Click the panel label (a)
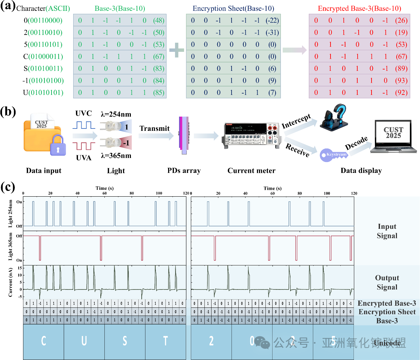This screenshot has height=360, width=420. coord(8,6)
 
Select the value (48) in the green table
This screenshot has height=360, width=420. coord(159,20)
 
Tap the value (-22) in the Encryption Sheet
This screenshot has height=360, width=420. coord(272,20)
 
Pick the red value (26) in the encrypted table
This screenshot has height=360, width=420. coord(401,20)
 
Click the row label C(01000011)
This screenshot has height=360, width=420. coord(43,57)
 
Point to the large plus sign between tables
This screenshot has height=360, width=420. coord(176,50)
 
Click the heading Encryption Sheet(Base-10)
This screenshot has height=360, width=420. coord(233,8)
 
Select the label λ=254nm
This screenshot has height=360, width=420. coord(116,114)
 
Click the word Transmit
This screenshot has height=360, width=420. coord(155,128)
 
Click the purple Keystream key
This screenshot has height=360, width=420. coord(334,155)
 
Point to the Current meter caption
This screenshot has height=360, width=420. coord(252,171)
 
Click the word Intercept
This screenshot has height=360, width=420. coord(296,121)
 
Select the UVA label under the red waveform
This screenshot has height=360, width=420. coord(84,158)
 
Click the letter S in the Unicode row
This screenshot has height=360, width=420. coord(125,341)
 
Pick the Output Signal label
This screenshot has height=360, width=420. coord(387,282)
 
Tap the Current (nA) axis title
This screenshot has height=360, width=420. coord(11,282)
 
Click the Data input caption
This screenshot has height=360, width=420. coord(44,171)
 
